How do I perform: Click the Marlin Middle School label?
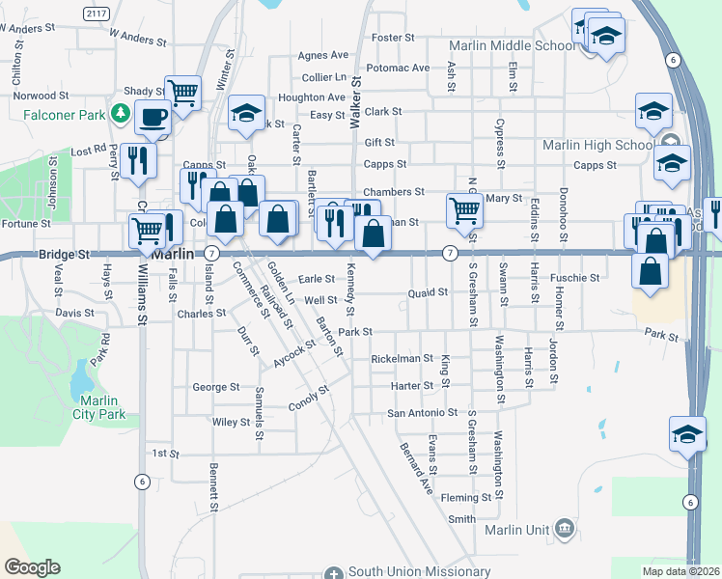(513, 45)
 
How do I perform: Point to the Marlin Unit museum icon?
(565, 529)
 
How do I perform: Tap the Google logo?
(32, 567)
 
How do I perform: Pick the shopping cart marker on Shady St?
(182, 94)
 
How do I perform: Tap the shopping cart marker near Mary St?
(465, 209)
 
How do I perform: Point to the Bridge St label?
(64, 255)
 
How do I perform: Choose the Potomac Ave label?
(398, 69)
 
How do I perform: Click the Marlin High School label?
(597, 146)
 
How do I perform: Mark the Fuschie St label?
(575, 278)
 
